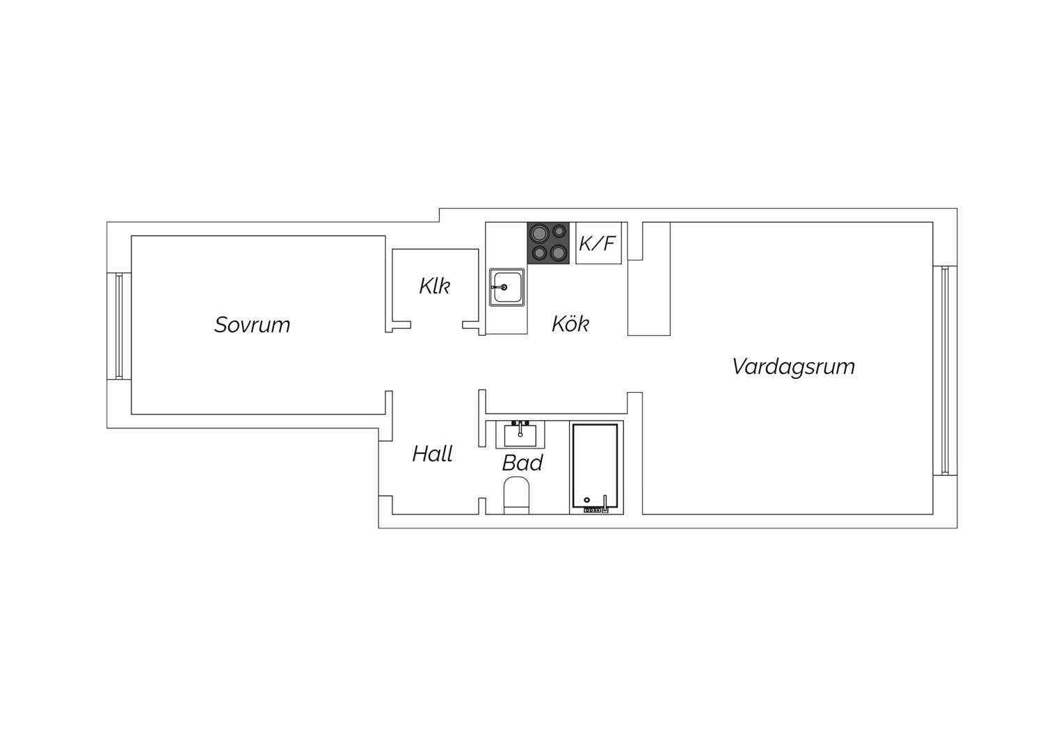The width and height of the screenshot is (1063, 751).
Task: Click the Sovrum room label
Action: [x=252, y=325]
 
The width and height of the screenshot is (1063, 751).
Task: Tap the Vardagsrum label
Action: [x=794, y=366]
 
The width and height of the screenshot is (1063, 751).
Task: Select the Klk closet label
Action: [x=435, y=286]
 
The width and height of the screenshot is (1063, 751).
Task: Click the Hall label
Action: [x=432, y=454]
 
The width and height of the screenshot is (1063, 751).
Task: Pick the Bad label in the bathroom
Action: [x=522, y=463]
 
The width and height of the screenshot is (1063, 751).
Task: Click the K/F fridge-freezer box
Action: [x=598, y=243]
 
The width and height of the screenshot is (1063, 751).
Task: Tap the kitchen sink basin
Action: [x=507, y=287]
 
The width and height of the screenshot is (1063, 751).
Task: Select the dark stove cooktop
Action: [x=548, y=243]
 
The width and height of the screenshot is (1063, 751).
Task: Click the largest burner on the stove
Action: [x=539, y=233]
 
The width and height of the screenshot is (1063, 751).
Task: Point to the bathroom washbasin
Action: [x=520, y=435]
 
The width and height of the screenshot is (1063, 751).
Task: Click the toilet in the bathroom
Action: [x=516, y=496]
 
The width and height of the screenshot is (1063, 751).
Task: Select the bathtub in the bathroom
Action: [x=596, y=467]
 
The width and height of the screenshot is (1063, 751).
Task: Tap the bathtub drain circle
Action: [x=587, y=500]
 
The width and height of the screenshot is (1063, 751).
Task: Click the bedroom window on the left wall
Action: [x=119, y=326]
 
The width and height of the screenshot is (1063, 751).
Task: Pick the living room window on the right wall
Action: [x=945, y=371]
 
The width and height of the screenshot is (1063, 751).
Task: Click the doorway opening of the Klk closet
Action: [x=437, y=325]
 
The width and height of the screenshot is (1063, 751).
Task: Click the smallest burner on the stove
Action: [x=559, y=231]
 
